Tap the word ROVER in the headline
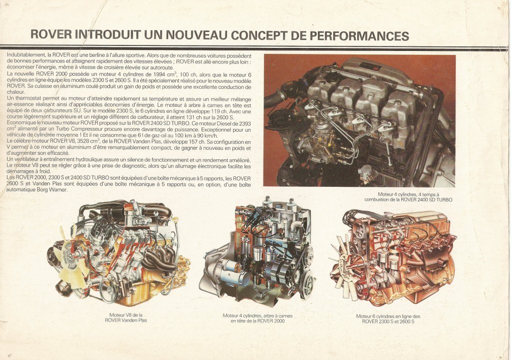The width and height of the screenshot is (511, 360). (x=51, y=35)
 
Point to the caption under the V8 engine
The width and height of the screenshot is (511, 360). (x=126, y=318)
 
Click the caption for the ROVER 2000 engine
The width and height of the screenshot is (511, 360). (x=257, y=318)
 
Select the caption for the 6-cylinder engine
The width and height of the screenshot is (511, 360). (x=388, y=319)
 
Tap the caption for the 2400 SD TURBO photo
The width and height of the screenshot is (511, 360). (x=408, y=197)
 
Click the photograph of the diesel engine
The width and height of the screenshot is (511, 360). (x=359, y=120)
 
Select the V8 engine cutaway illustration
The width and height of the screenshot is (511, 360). (x=120, y=255)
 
